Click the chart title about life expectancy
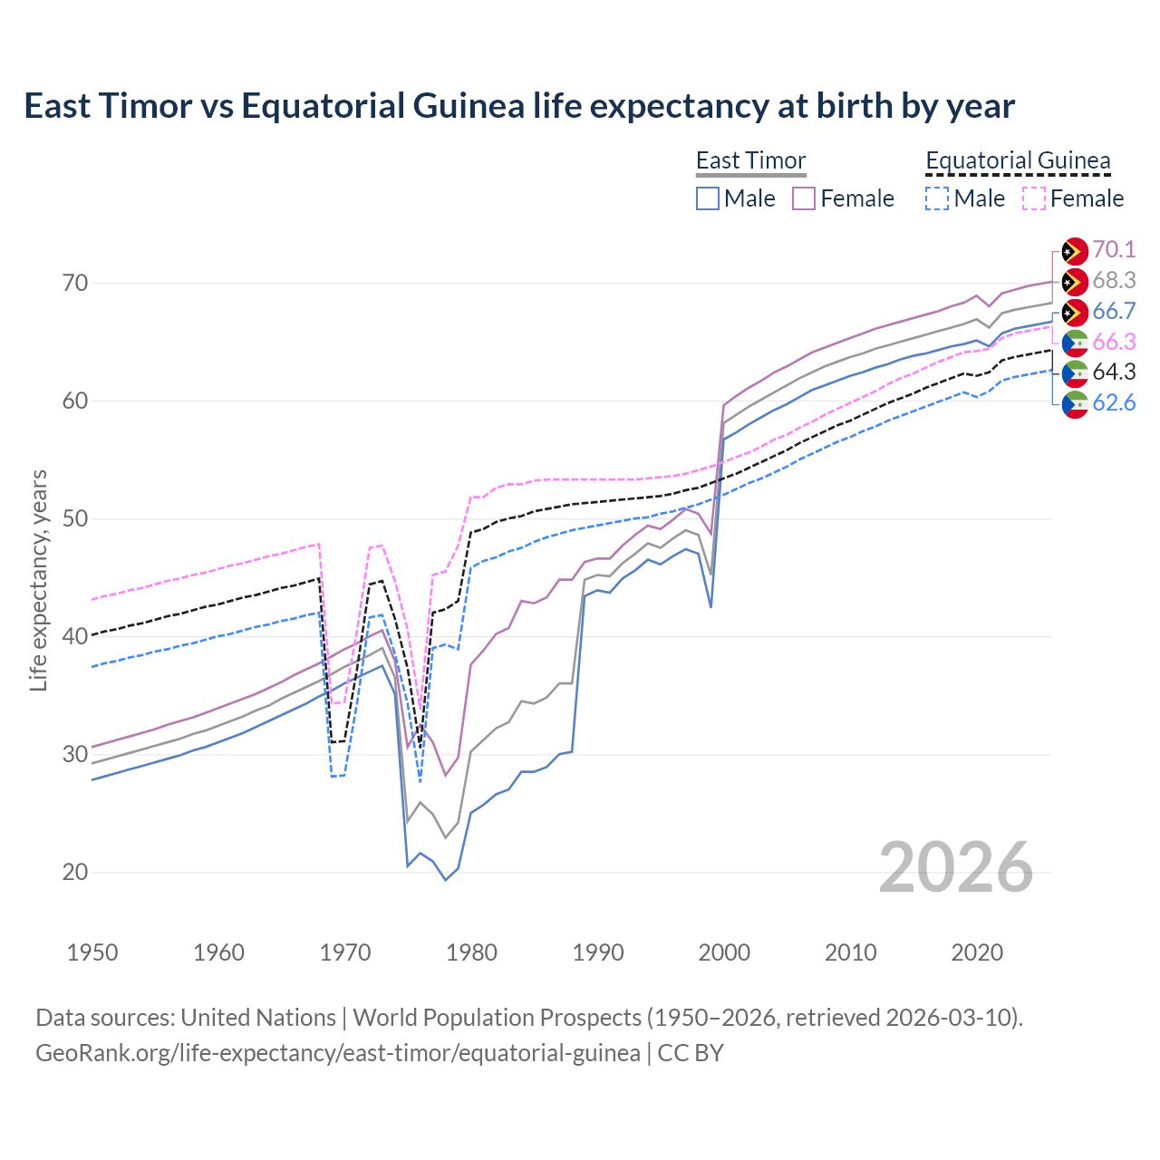[519, 106]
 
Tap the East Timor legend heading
[750, 160]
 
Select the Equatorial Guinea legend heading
[1018, 160]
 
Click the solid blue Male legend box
[708, 198]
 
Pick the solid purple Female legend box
[805, 198]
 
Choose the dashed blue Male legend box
[938, 198]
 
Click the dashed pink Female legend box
[1034, 198]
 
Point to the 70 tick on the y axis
[75, 283]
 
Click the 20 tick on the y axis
[75, 872]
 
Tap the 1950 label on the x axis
[92, 952]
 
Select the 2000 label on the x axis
[724, 952]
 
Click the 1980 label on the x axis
[471, 952]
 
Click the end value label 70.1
[1114, 250]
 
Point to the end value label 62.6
[1114, 402]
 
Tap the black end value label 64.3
[1114, 372]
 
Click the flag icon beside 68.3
[1075, 282]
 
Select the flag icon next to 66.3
[1075, 343]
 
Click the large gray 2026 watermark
[955, 867]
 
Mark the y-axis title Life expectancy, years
[38, 580]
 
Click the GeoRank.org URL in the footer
[338, 1053]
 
